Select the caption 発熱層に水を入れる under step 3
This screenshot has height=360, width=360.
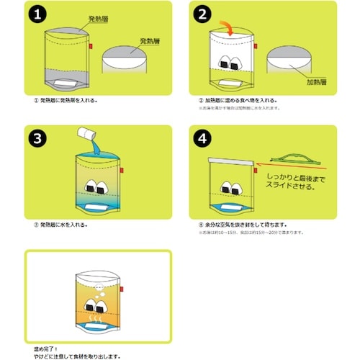point(66,224)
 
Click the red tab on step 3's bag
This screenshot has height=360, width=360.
point(122,169)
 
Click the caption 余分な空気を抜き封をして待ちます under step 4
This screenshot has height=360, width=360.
point(246,224)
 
